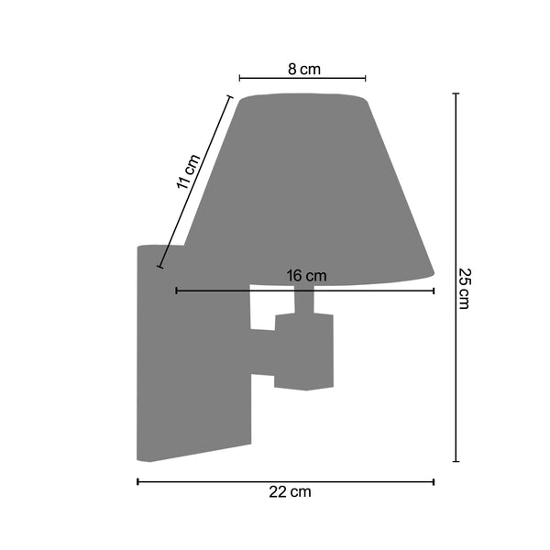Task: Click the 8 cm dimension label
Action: click(x=304, y=69)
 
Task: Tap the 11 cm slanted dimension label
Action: click(x=188, y=171)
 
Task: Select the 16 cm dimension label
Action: click(x=306, y=276)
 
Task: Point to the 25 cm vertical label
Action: click(x=465, y=289)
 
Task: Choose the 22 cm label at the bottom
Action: click(x=290, y=491)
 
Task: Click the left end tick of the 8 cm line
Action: click(x=239, y=78)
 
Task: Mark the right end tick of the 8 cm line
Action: click(x=366, y=78)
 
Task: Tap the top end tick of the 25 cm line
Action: click(x=456, y=93)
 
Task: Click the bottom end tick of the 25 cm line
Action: click(x=456, y=461)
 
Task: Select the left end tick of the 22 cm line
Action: click(x=137, y=481)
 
